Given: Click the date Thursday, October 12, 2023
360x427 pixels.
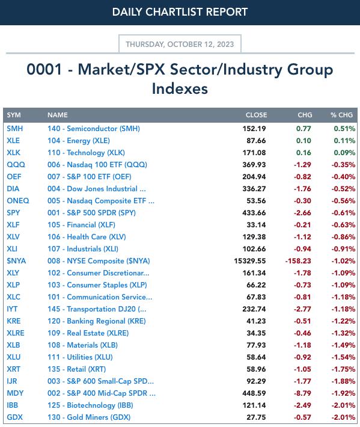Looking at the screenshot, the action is click(x=180, y=44).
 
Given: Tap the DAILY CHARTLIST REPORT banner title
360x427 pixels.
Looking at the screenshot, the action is click(x=180, y=12).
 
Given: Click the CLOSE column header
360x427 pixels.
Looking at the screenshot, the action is click(x=256, y=115).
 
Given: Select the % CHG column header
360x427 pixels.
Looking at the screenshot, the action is click(x=341, y=115).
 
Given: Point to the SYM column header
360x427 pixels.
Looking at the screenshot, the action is click(x=14, y=115).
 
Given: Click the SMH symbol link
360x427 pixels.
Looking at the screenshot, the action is click(x=14, y=129).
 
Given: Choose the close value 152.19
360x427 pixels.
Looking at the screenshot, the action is click(x=254, y=129).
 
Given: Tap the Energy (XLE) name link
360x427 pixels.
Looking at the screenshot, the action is click(x=79, y=141).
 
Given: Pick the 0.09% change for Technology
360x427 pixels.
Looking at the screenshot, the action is click(x=344, y=153).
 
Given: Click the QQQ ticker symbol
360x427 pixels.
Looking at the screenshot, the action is click(x=16, y=164).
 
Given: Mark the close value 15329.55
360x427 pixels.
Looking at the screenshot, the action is click(x=250, y=261).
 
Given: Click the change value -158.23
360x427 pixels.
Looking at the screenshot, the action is click(x=298, y=261).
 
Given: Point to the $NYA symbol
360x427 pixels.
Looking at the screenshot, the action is click(x=16, y=261).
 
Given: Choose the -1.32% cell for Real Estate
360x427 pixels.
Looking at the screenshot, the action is click(x=343, y=333).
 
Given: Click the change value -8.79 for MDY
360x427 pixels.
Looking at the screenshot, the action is click(x=302, y=393).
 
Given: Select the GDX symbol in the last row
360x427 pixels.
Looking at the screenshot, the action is click(x=14, y=417).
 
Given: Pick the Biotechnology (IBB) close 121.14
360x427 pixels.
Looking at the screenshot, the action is click(x=254, y=405).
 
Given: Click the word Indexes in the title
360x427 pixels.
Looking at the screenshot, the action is click(x=180, y=89).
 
